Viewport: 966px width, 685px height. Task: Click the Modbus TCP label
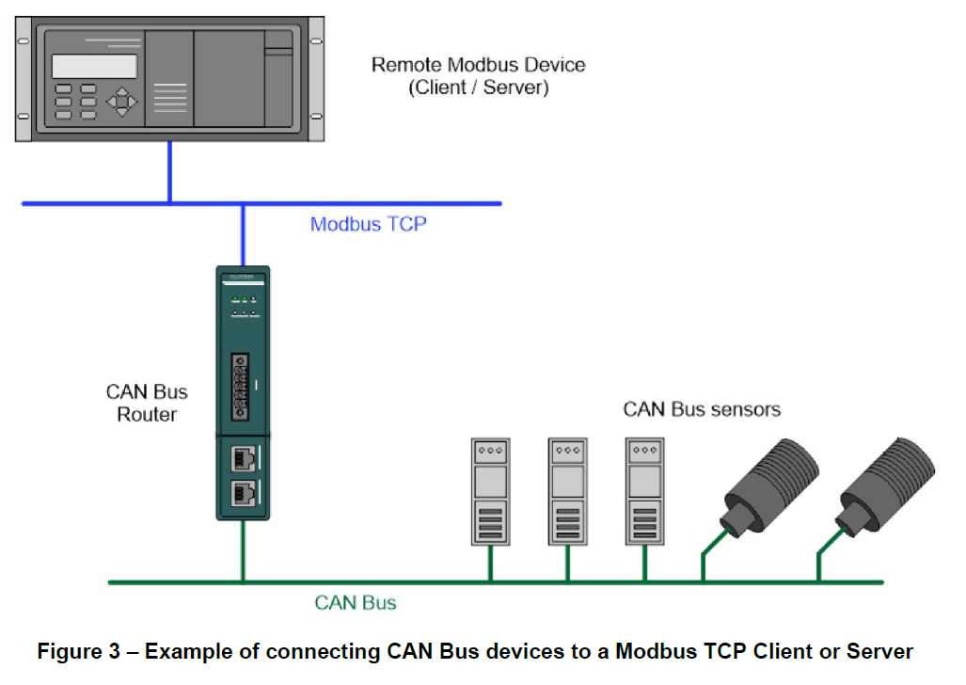368,225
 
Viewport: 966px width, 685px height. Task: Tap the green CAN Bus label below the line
355,603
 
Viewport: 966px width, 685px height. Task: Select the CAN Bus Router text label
147,403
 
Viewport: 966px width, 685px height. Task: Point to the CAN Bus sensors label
702,409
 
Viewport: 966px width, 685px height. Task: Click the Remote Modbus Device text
478,65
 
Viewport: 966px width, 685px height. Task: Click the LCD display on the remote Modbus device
94,66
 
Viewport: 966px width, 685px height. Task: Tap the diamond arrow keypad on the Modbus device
121,101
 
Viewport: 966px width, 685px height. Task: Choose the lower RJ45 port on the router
242,493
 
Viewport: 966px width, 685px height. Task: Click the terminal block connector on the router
241,385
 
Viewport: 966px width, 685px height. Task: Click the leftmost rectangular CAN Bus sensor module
489,490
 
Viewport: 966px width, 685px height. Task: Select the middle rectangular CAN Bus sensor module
567,490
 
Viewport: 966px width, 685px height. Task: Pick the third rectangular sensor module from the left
644,490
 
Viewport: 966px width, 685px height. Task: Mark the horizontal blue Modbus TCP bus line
376,202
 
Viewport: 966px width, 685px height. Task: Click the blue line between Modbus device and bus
169,172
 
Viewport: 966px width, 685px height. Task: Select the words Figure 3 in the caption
82,652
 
